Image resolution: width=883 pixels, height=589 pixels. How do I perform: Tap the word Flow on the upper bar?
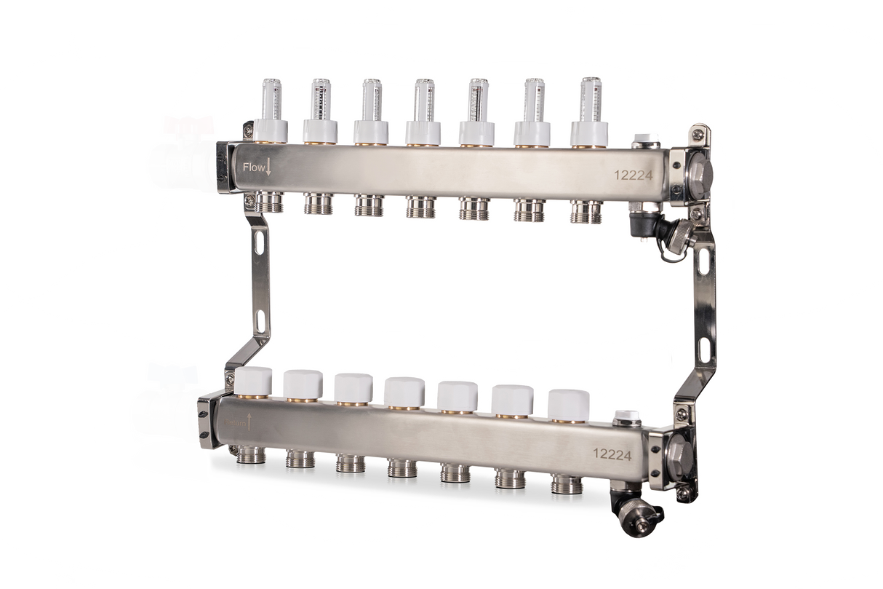(x=254, y=167)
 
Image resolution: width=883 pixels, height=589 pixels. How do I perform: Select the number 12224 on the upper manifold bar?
(x=632, y=175)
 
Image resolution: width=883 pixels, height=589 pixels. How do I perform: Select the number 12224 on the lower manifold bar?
(x=612, y=454)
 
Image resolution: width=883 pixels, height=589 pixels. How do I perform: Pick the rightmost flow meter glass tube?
(x=590, y=99)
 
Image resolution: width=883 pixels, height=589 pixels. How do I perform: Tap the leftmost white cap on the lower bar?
(x=254, y=381)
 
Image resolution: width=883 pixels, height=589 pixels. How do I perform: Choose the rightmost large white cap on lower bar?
(x=568, y=403)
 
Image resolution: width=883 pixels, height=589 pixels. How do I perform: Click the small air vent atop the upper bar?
(x=644, y=139)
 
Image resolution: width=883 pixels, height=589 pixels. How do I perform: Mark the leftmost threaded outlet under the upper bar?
(x=270, y=202)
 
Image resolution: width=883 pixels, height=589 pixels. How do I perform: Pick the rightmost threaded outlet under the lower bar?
(x=567, y=483)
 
